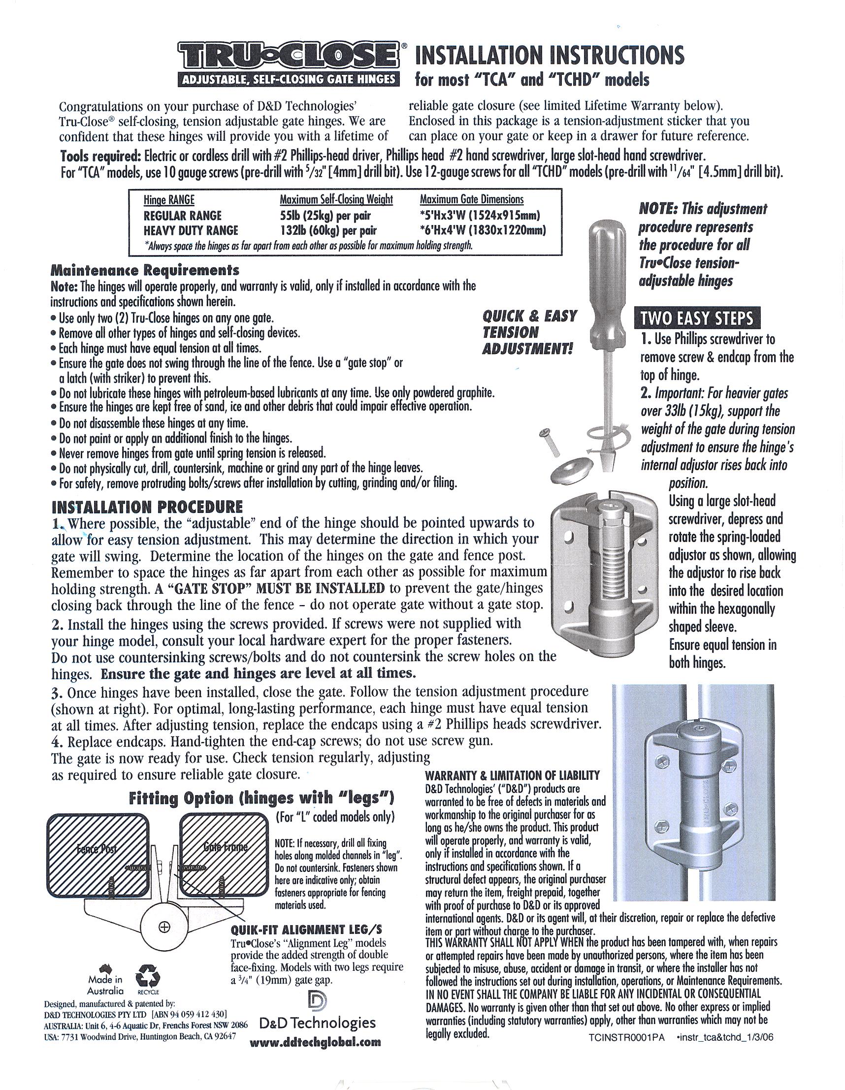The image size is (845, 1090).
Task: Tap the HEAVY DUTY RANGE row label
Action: pos(191,230)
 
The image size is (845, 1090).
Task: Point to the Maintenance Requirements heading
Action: pos(145,271)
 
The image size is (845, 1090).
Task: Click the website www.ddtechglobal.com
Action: pos(315,1042)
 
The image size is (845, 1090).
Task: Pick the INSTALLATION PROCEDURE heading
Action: pos(147,507)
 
